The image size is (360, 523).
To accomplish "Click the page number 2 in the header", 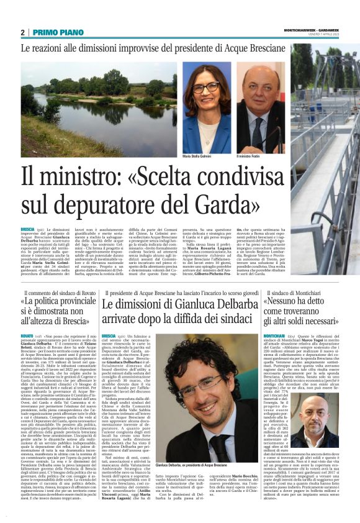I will tap(22, 32).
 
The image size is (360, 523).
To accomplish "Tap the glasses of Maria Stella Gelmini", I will tap(204, 88).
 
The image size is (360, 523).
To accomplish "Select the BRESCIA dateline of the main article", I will tap(27, 229).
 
